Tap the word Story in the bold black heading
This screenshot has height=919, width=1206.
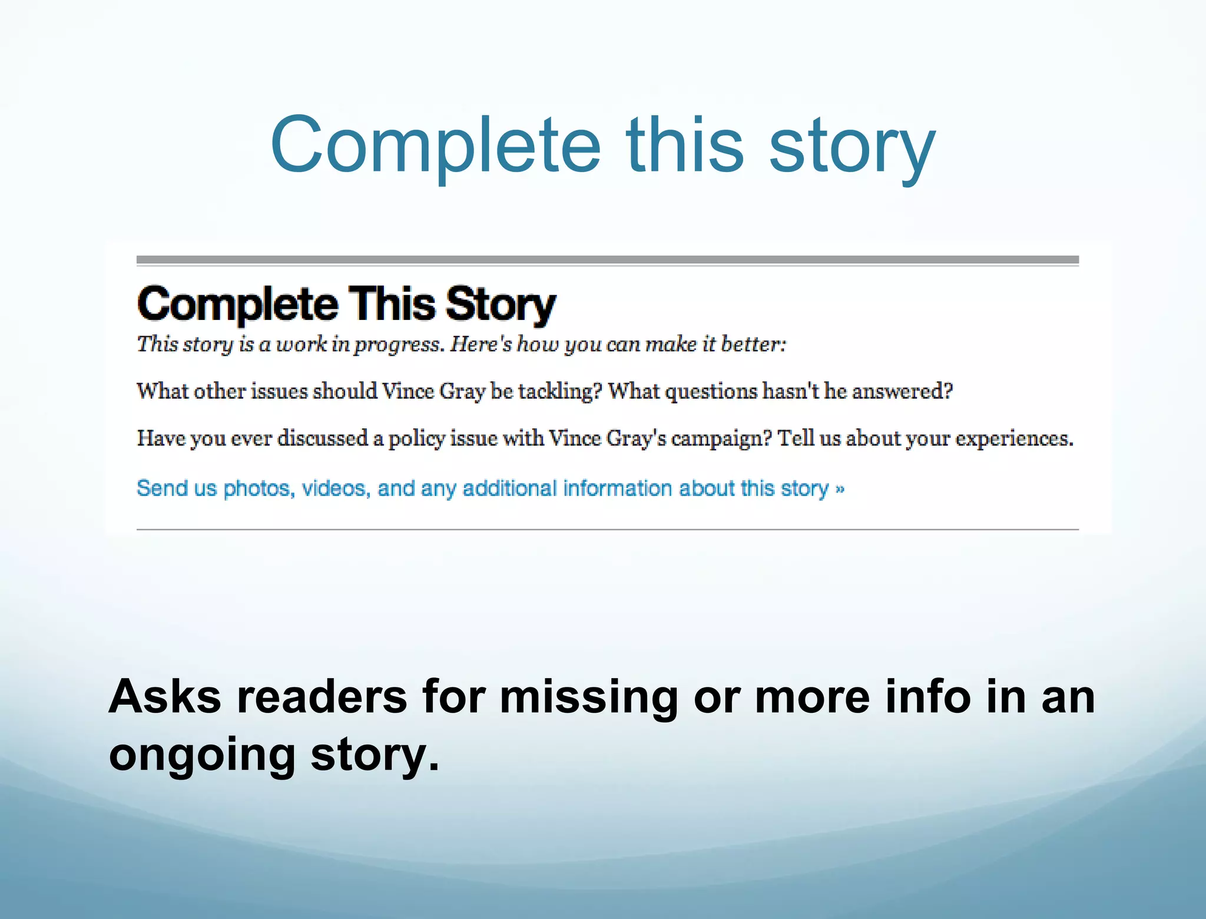tap(501, 305)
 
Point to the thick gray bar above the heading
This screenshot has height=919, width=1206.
tap(607, 260)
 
